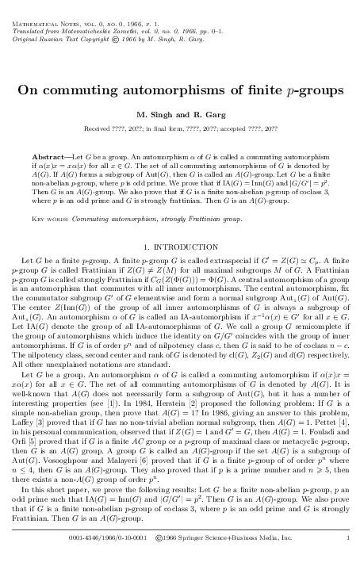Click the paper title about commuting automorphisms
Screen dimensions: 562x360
pyautogui.click(x=179, y=90)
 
